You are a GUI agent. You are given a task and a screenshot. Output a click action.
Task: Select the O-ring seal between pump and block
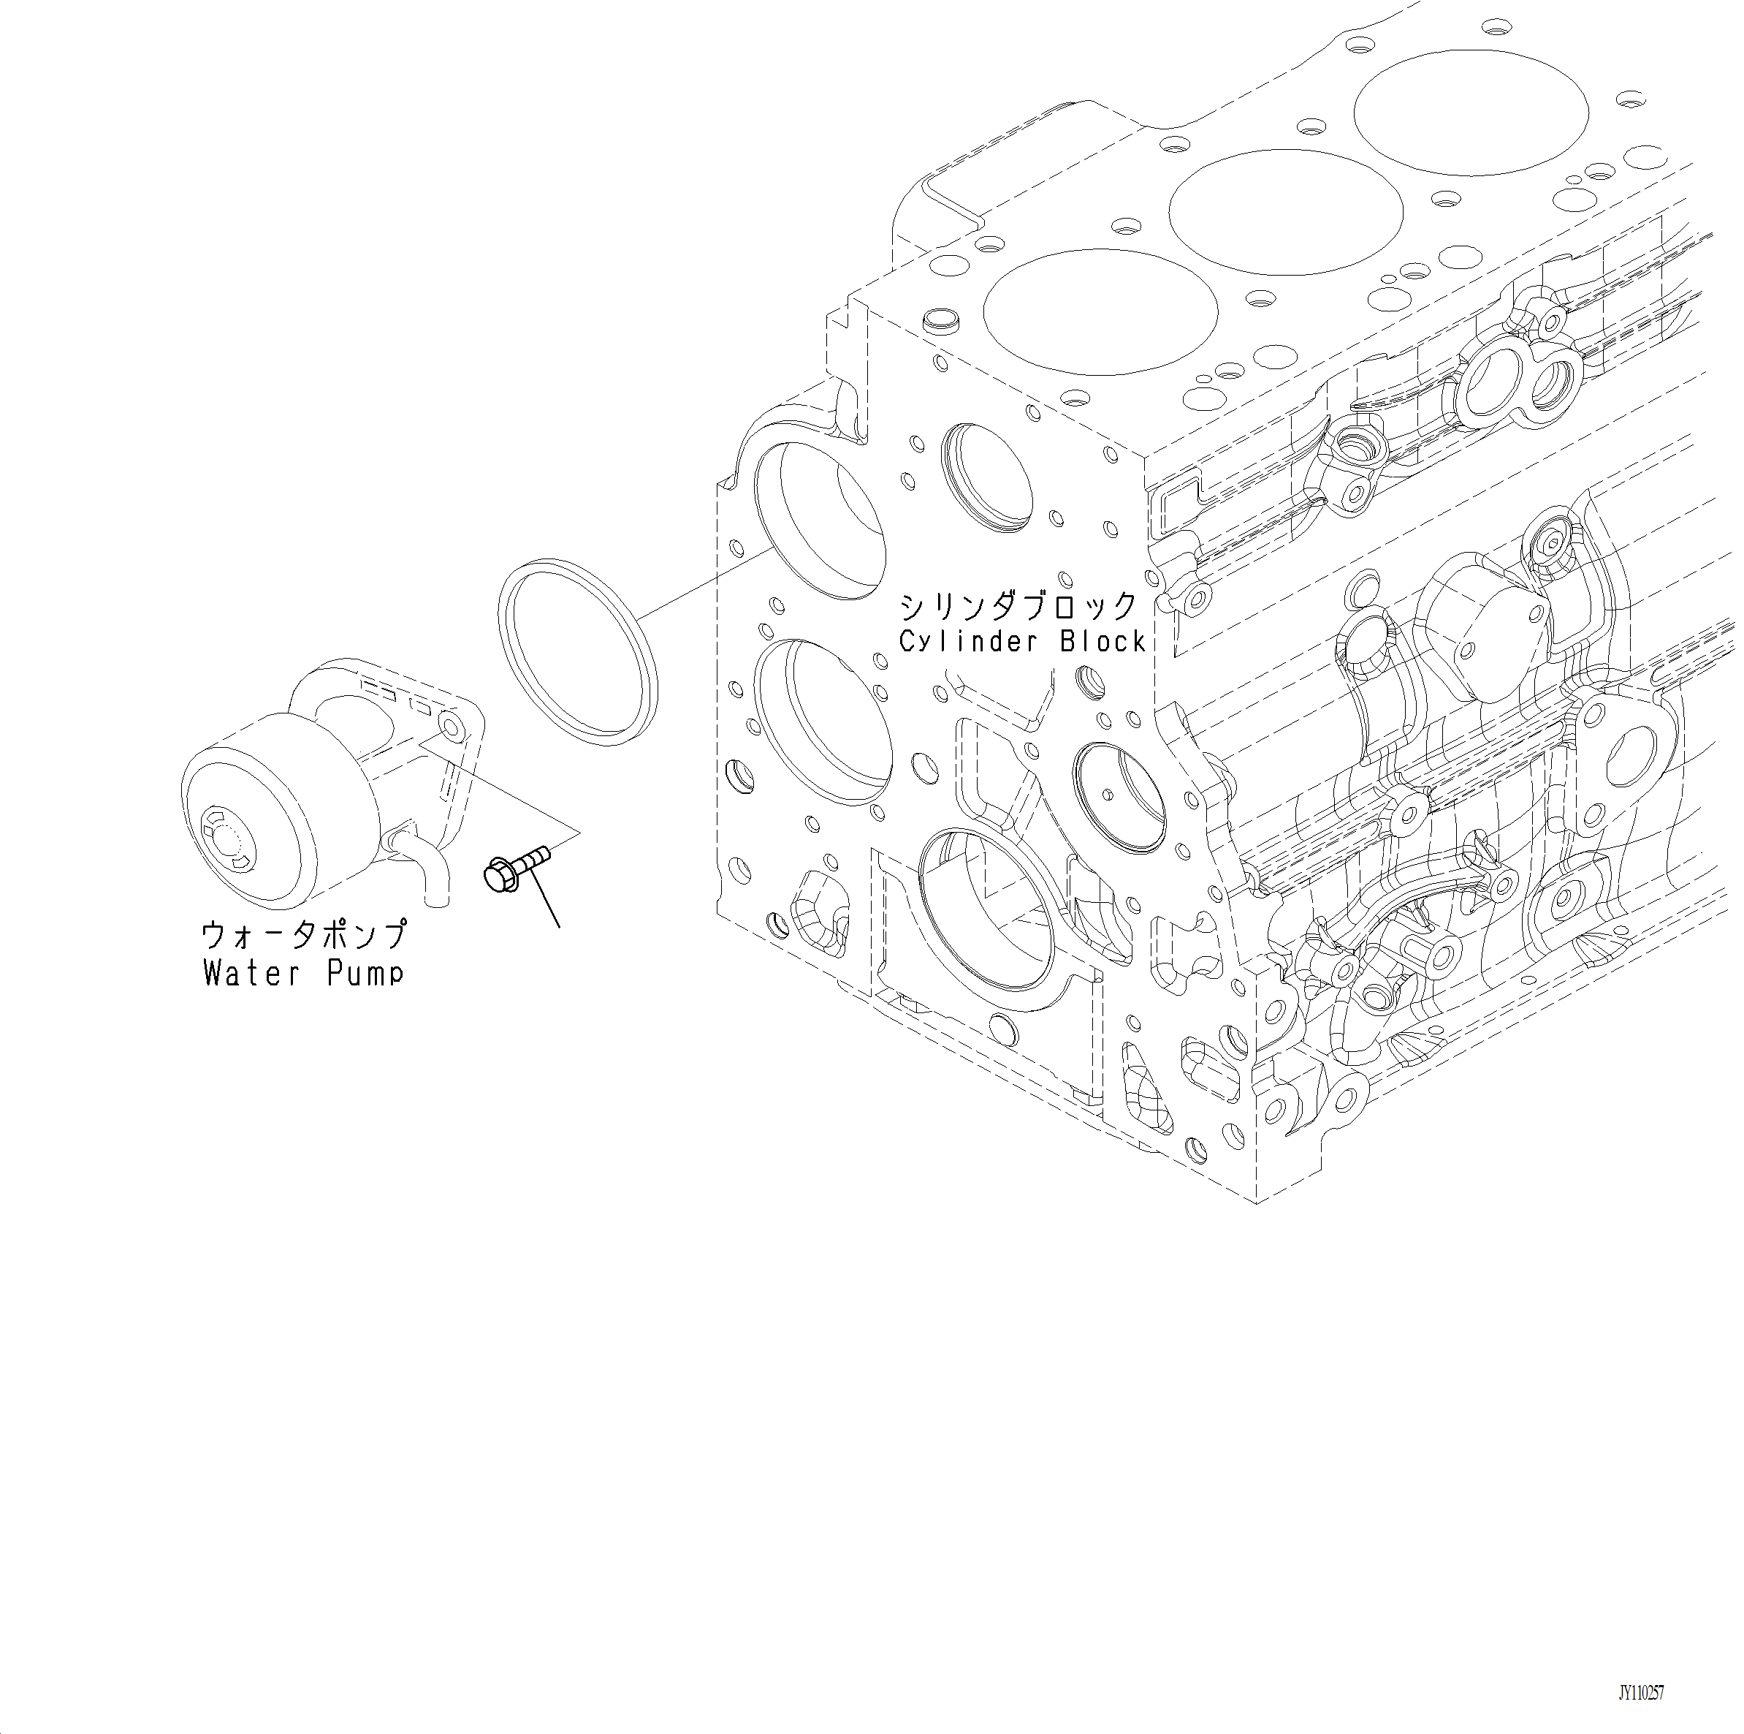click(578, 652)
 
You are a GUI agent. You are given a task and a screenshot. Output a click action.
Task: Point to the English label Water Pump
click(303, 974)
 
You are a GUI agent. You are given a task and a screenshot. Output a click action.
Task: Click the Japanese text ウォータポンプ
click(303, 935)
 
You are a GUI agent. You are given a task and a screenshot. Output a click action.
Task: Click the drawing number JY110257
click(1640, 1692)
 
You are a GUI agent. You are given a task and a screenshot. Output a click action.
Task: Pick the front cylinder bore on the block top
click(1100, 311)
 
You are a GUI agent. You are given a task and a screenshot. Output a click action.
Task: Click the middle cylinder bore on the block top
click(1285, 212)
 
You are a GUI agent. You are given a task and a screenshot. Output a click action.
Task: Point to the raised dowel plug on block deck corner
click(940, 321)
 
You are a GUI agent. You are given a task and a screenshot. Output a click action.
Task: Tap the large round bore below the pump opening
click(823, 722)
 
